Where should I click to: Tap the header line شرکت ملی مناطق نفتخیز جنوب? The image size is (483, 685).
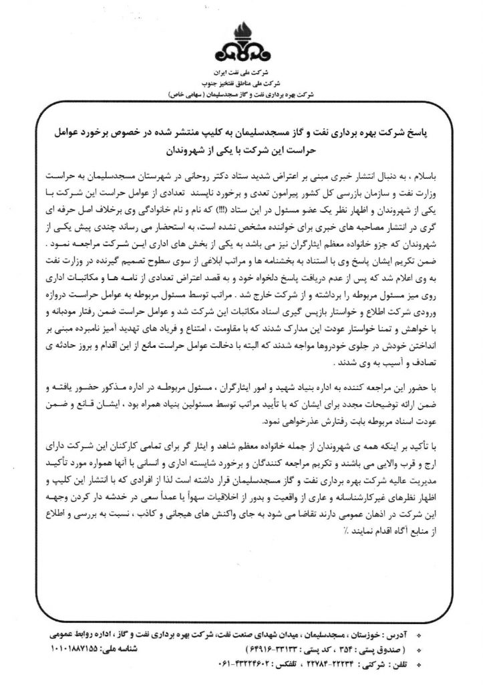pos(242,80)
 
